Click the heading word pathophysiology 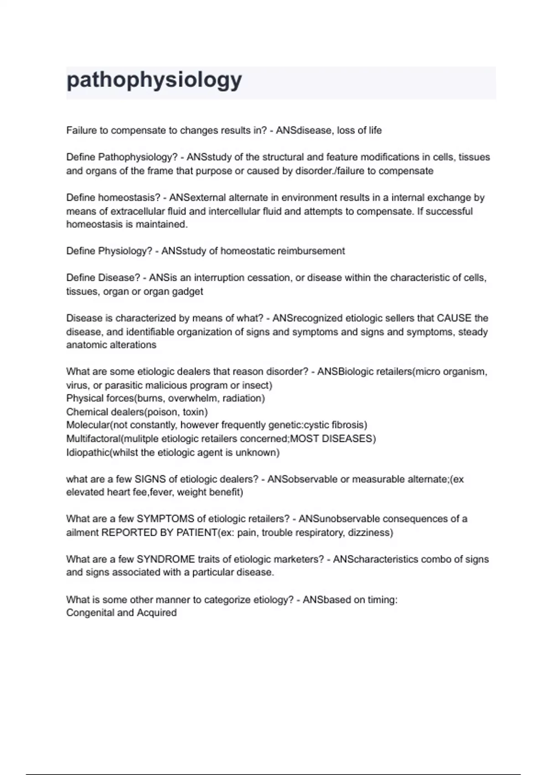[154, 81]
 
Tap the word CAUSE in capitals [454, 318]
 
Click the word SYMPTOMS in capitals [165, 519]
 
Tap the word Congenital [89, 613]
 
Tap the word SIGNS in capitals [151, 479]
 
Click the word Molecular [88, 425]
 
